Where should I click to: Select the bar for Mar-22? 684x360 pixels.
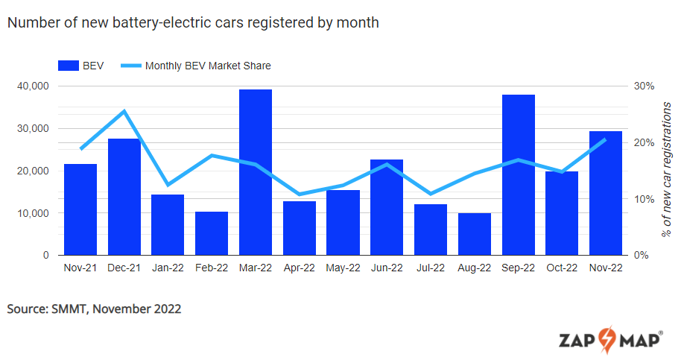click(255, 172)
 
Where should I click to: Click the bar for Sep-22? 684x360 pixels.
click(518, 175)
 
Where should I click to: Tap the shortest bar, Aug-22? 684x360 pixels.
click(474, 234)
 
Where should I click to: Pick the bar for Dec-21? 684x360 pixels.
click(124, 197)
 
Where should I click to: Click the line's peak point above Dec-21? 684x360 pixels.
click(124, 112)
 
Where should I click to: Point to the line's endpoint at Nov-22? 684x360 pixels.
click(605, 139)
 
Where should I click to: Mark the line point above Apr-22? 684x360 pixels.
click(299, 194)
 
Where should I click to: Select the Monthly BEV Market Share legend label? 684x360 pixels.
click(208, 66)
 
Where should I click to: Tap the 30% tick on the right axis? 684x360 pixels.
click(644, 86)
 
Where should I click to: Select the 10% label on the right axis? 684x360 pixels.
click(644, 199)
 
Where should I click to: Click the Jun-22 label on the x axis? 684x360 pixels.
click(386, 268)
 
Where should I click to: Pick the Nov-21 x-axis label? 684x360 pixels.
click(80, 268)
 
